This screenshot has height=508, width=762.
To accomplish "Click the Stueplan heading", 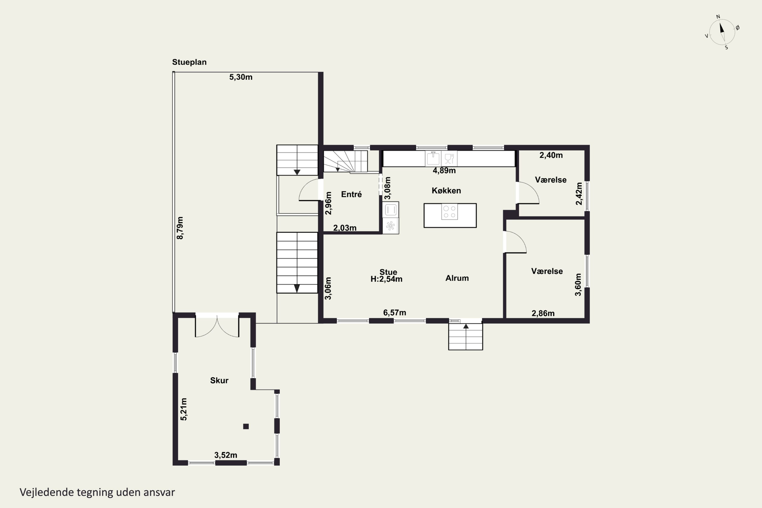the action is pyautogui.click(x=189, y=62).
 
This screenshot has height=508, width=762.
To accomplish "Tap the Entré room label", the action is pyautogui.click(x=351, y=194).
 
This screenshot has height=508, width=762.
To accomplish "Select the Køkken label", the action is pyautogui.click(x=446, y=190).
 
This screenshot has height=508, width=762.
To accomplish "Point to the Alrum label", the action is pyautogui.click(x=457, y=278).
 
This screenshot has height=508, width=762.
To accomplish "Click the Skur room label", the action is pyautogui.click(x=219, y=380).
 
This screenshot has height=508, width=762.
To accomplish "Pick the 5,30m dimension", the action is pyautogui.click(x=241, y=77).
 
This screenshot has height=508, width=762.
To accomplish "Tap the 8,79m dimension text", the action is pyautogui.click(x=180, y=228).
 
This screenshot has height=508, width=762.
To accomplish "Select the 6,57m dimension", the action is pyautogui.click(x=395, y=313).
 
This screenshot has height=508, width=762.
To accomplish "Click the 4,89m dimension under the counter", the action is pyautogui.click(x=444, y=171).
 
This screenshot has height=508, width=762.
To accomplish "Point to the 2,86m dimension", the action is pyautogui.click(x=543, y=313).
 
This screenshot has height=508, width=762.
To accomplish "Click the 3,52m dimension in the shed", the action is pyautogui.click(x=226, y=455).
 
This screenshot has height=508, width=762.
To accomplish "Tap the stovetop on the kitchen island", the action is pyautogui.click(x=449, y=212).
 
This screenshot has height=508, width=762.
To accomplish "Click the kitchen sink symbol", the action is pyautogui.click(x=433, y=158).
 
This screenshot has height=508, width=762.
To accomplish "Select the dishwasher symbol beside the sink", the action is pyautogui.click(x=449, y=158).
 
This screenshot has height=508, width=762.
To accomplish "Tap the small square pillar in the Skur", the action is pyautogui.click(x=246, y=426).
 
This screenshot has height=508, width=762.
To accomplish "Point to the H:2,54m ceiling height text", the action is pyautogui.click(x=387, y=279).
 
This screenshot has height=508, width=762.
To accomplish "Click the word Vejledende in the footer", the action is pyautogui.click(x=47, y=492).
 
